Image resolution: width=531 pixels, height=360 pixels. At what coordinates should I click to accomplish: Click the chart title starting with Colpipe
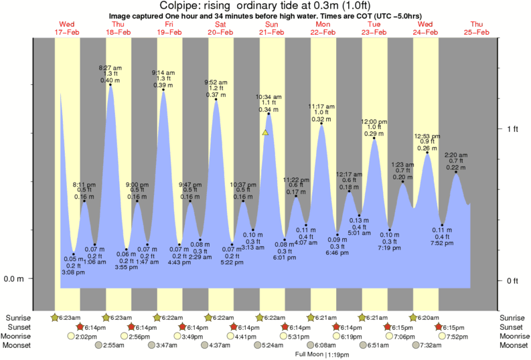[x=264, y=5]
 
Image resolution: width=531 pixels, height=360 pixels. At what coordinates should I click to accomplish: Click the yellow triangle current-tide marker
[x=266, y=132]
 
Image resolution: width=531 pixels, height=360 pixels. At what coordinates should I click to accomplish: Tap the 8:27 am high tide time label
[x=110, y=68]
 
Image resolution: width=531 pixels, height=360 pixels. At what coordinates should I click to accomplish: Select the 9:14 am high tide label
[x=164, y=72]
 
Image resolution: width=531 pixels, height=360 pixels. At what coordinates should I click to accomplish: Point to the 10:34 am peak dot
[x=269, y=114]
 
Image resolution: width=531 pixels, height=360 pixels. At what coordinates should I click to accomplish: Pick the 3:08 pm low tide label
[x=74, y=272]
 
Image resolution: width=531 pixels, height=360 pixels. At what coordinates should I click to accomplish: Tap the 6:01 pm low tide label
[x=285, y=256]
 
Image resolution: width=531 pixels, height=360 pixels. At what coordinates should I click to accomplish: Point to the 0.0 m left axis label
[x=15, y=279]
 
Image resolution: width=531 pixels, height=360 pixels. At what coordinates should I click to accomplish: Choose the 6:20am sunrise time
[x=429, y=317]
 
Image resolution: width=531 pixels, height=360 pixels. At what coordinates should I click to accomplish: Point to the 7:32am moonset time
[x=434, y=345]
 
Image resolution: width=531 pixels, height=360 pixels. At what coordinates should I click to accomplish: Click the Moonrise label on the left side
[x=18, y=336]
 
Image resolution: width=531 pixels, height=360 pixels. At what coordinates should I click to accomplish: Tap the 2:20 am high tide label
[x=457, y=155]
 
